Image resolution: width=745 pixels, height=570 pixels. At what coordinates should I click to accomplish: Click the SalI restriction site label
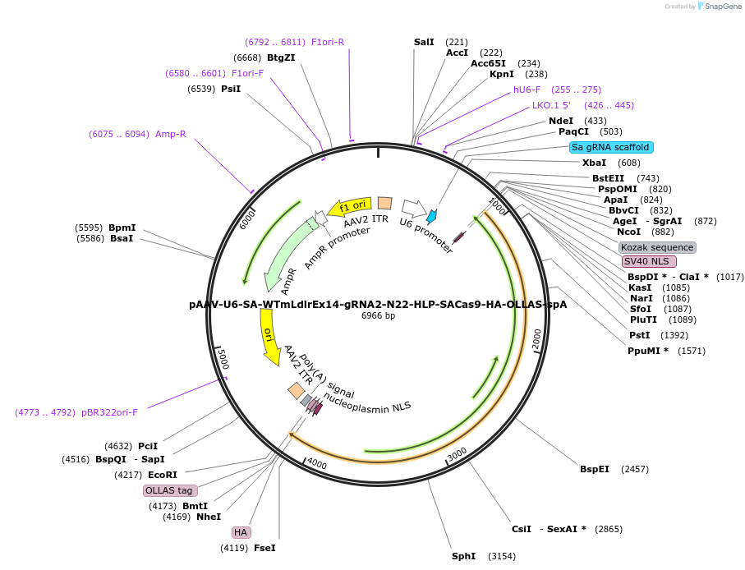pos(424,42)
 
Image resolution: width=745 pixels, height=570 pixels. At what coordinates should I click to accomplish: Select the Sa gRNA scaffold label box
pos(611,147)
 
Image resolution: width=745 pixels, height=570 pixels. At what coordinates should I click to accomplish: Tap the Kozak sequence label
pos(657,247)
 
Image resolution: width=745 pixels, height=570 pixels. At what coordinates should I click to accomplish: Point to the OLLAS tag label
pos(169,490)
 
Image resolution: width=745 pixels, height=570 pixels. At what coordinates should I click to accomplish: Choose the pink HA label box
pos(241,532)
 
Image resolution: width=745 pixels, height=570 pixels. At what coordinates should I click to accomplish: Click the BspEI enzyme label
pos(595,469)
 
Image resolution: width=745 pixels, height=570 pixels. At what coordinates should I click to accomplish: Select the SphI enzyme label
pos(463,556)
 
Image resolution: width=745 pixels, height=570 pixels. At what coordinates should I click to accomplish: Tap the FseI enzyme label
pos(264,548)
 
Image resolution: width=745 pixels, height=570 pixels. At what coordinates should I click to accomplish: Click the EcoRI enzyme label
pos(163,475)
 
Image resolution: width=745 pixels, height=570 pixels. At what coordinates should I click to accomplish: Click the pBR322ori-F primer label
pos(109,412)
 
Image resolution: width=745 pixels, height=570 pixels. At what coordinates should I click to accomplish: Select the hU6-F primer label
pos(527,90)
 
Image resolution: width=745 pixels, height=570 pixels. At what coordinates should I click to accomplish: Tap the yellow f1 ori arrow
pos(349,208)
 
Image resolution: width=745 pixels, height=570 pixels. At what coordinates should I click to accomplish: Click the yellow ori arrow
pos(269,342)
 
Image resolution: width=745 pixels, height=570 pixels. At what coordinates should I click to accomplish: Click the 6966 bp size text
pos(378,315)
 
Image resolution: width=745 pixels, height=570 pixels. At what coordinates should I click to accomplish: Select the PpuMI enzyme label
pos(647,351)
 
